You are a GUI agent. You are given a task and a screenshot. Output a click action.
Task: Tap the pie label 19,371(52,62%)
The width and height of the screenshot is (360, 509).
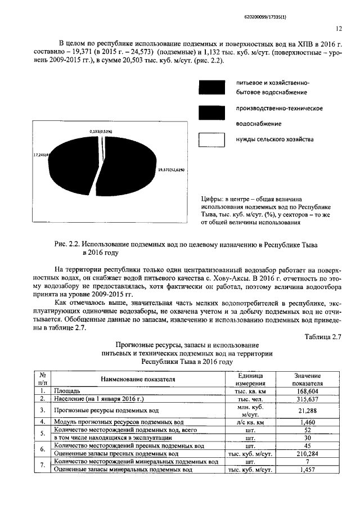coord(171,169)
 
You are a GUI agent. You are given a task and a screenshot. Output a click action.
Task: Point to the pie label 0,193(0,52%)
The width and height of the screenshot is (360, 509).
coord(101,131)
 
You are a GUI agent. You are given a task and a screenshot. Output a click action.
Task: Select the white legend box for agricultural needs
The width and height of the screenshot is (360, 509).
coord(212,139)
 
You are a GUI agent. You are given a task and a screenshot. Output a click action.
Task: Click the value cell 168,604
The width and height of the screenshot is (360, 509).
coord(307,390)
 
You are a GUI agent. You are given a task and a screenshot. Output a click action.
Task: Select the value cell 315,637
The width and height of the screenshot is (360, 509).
coord(307,398)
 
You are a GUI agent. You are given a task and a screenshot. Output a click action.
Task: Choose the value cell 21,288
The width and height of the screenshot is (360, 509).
coord(307,410)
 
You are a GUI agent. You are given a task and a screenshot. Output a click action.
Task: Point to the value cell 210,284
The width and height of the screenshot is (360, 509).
coord(307,453)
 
